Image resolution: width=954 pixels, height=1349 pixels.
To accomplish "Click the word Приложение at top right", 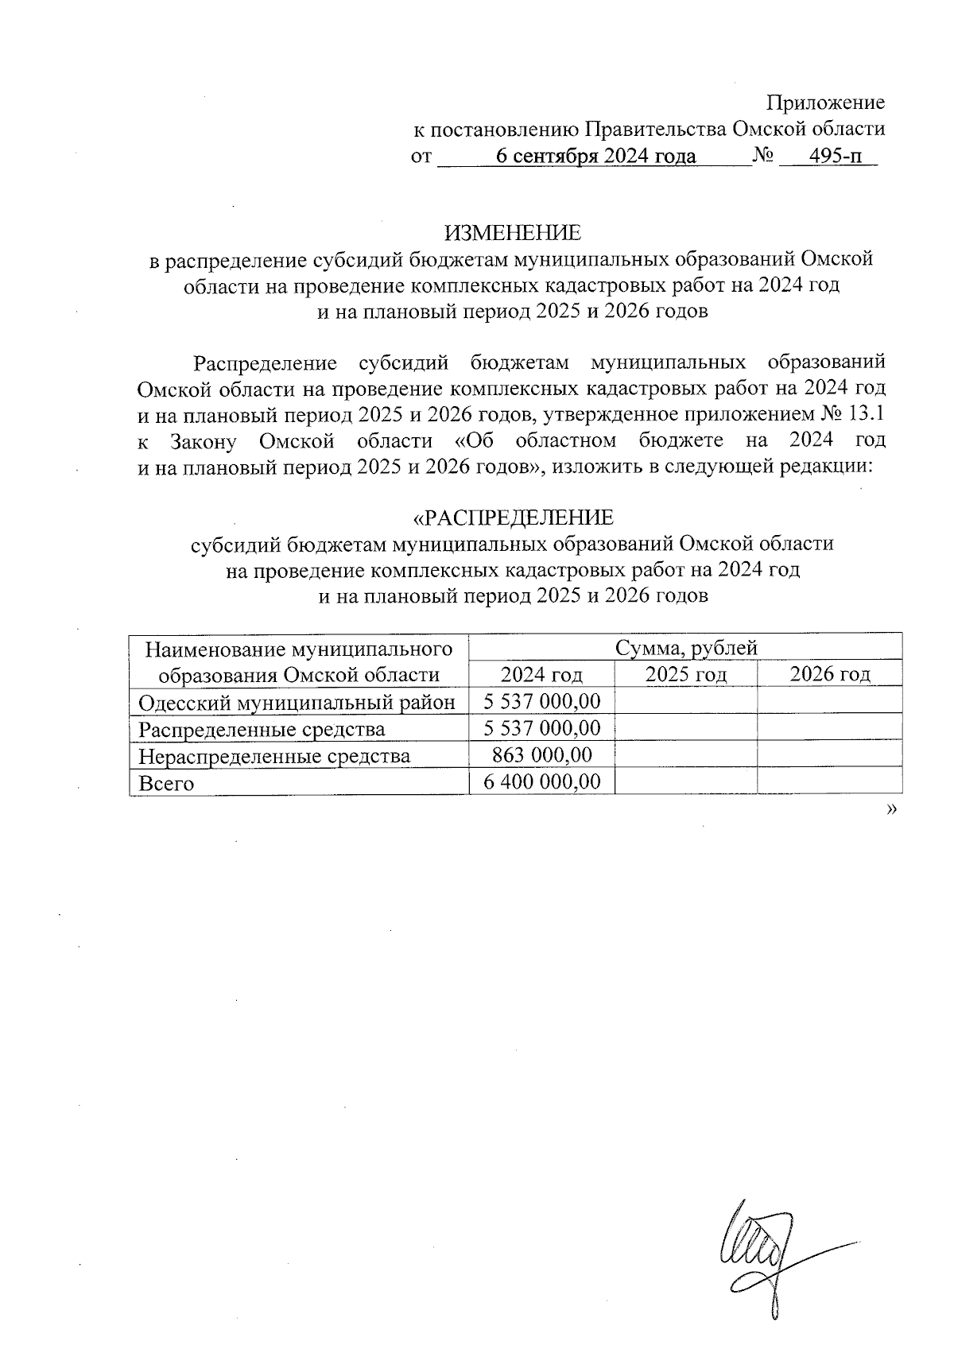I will point(825,103).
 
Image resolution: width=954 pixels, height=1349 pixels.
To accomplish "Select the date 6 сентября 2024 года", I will point(595,157).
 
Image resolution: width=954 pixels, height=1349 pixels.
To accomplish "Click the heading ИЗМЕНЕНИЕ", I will point(512,232).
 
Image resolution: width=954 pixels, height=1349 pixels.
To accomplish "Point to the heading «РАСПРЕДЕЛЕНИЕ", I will point(512,518).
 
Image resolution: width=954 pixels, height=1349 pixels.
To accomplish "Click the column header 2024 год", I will point(541,675).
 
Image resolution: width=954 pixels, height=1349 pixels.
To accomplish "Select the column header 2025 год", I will point(685,675).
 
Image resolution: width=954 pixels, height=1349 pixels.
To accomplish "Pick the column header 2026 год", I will point(829,675).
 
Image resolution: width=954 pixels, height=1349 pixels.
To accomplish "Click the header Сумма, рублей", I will point(685,648).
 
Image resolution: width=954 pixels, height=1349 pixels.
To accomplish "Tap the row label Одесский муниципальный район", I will point(297,702).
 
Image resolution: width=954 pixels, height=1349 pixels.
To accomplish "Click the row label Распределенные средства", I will point(262,729).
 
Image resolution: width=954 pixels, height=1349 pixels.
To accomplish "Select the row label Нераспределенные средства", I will point(274,755).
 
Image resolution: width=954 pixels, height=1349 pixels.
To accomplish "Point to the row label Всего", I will point(166,783).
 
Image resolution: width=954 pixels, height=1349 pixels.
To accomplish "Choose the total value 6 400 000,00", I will point(541,782).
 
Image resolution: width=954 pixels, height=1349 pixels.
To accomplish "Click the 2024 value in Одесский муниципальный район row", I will point(541,701).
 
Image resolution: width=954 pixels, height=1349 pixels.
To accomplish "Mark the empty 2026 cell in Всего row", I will point(829,782).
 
